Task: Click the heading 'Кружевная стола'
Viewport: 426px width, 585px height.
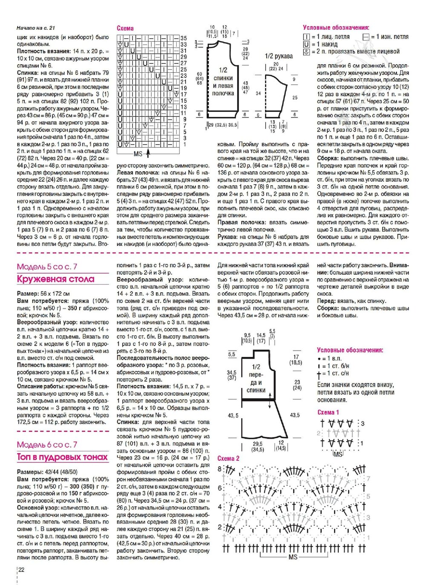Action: click(x=56, y=280)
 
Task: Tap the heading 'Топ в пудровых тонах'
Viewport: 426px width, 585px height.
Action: click(x=62, y=457)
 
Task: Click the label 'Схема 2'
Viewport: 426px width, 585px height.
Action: click(x=228, y=459)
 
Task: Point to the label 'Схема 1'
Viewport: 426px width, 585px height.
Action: click(x=328, y=412)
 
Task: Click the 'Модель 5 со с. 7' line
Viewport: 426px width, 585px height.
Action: click(x=47, y=267)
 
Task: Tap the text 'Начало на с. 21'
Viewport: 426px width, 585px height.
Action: click(x=36, y=29)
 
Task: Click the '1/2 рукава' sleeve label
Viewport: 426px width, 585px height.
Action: click(x=279, y=56)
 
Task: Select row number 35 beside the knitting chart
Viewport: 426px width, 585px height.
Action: click(x=184, y=38)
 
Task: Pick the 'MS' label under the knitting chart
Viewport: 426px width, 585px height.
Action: click(x=138, y=154)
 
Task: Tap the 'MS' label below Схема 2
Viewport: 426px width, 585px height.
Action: click(x=293, y=557)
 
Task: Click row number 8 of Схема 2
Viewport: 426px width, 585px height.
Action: click(x=220, y=469)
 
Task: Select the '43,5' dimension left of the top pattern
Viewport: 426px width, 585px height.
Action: click(x=233, y=415)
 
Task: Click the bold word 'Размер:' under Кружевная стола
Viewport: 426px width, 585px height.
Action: click(x=28, y=294)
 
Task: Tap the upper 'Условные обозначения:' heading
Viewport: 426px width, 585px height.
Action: click(x=336, y=28)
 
